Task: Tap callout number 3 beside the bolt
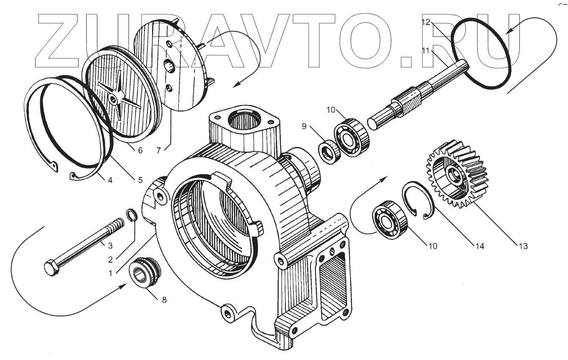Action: (110, 245)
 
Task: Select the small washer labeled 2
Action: (132, 216)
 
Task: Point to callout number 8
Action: (164, 299)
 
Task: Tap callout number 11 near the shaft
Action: (426, 50)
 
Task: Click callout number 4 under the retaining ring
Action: (110, 180)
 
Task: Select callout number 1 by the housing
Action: (111, 273)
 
